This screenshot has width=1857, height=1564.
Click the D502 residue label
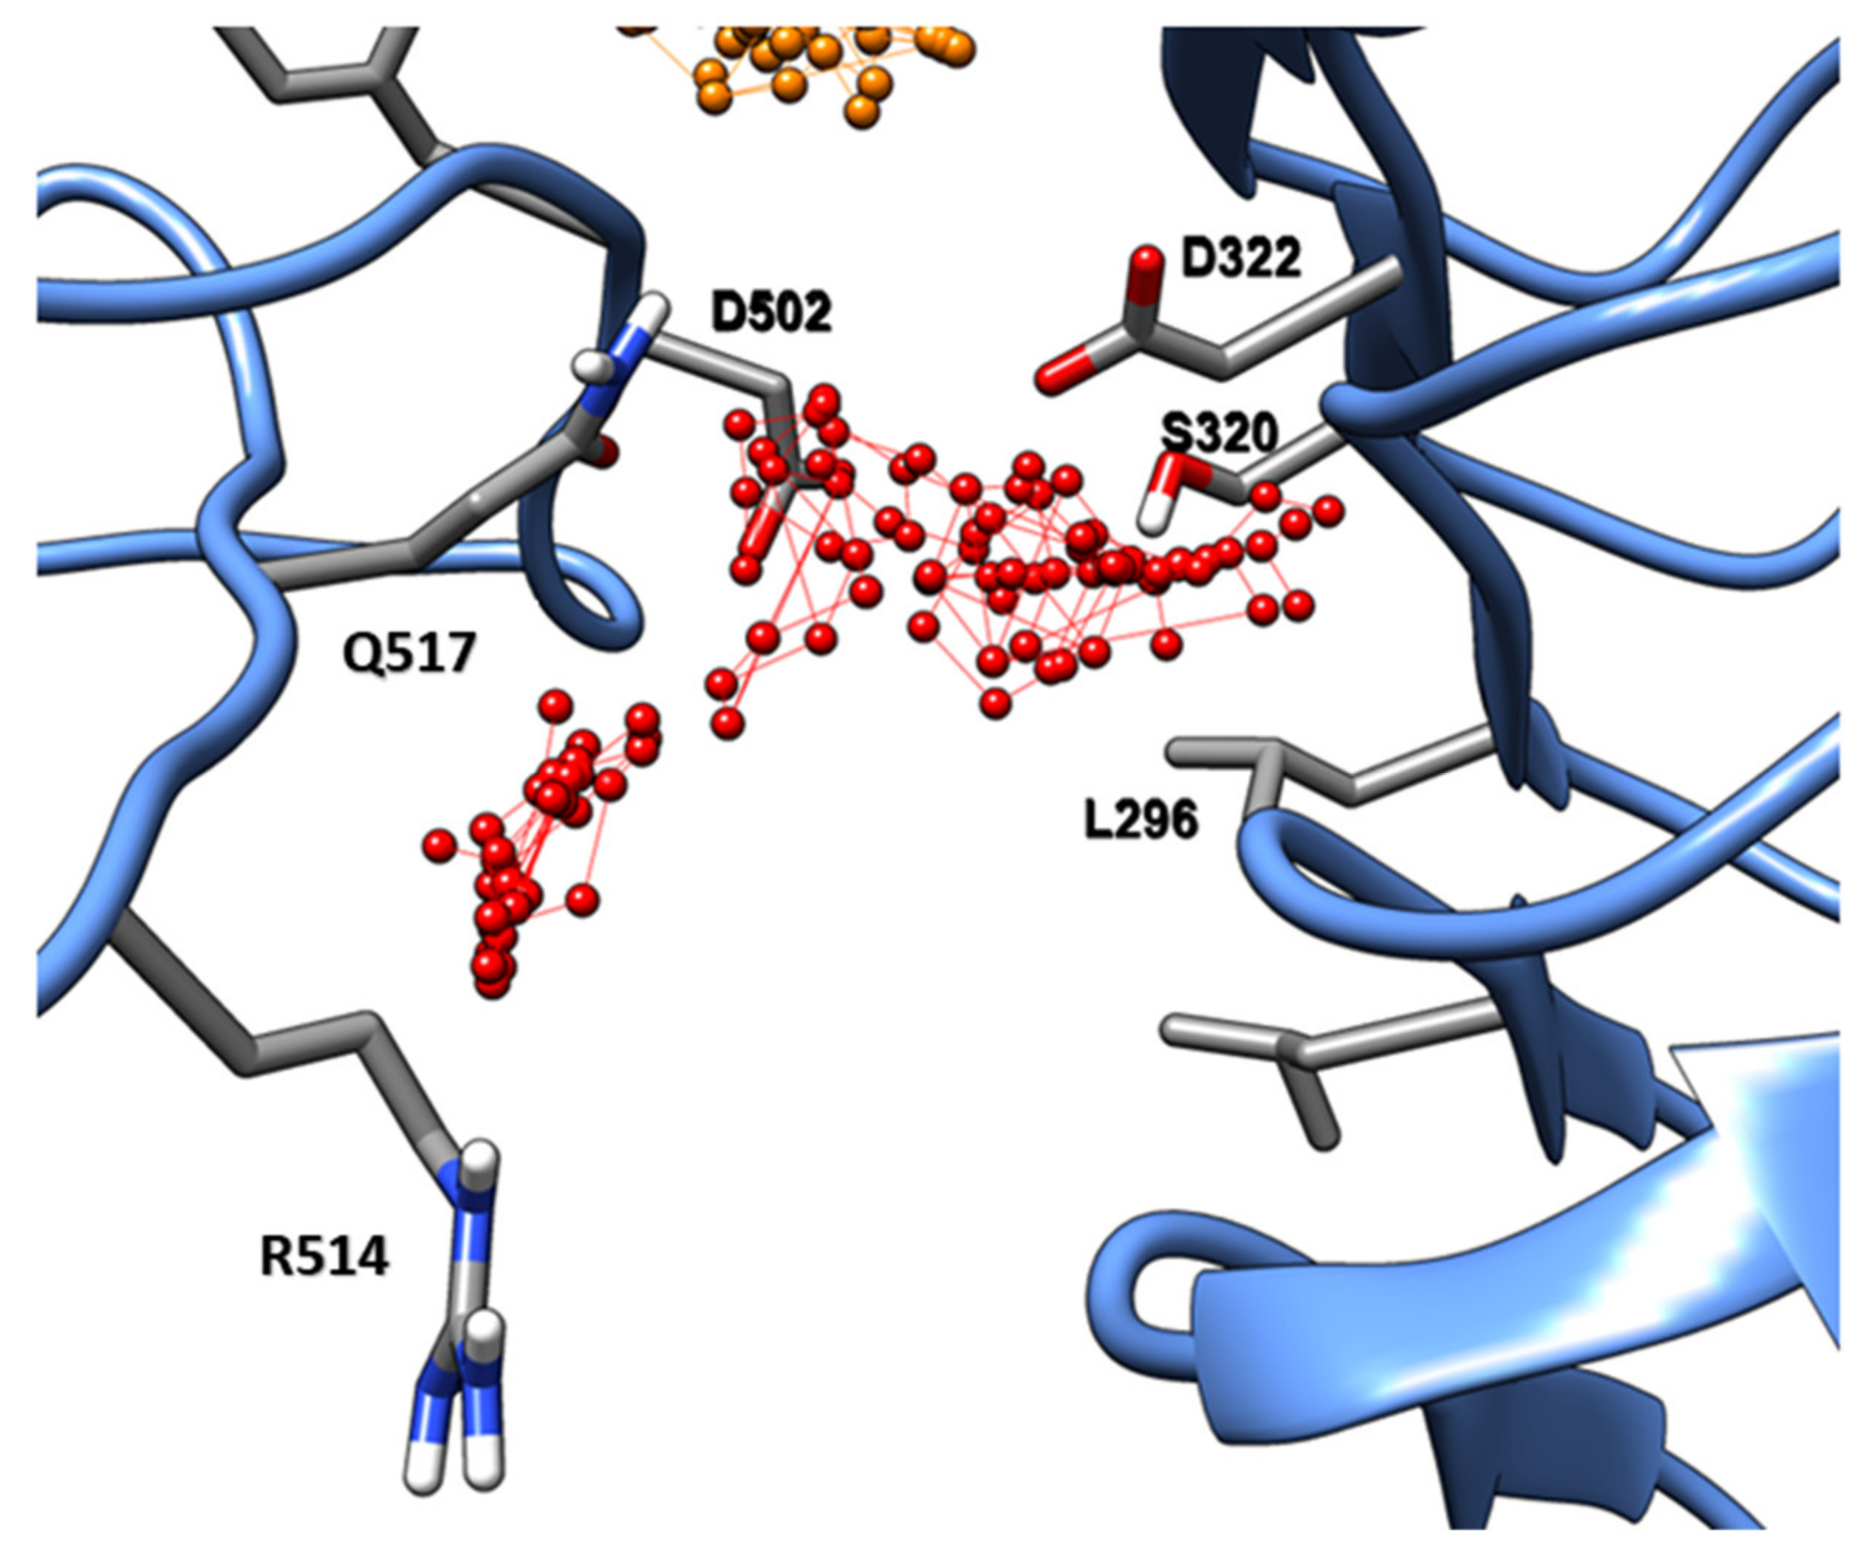click(x=770, y=312)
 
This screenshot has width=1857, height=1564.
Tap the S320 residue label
click(x=1220, y=433)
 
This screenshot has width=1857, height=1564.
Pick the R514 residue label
click(x=324, y=1258)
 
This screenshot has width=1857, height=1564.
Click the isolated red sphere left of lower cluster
click(x=438, y=845)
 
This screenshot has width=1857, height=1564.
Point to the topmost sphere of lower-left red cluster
click(x=555, y=706)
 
